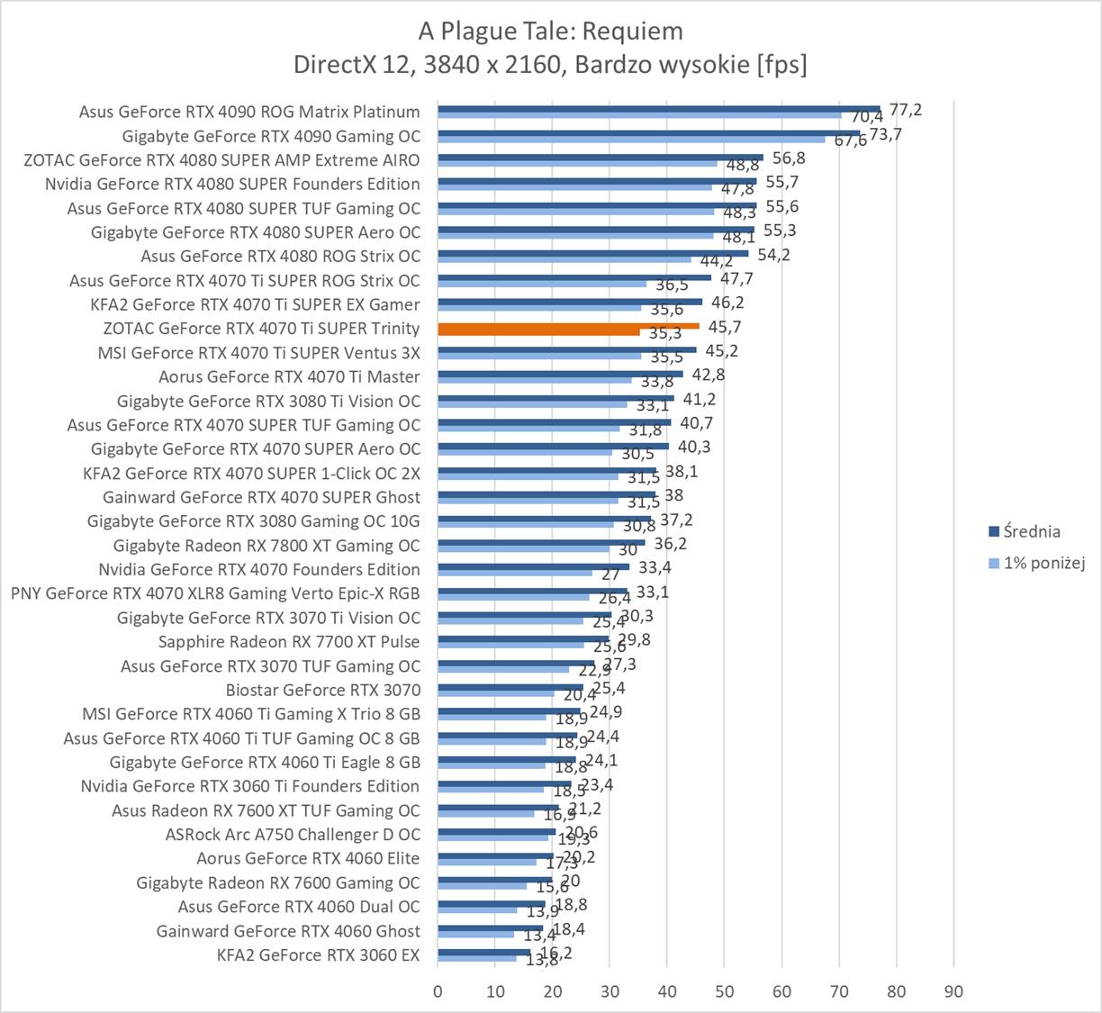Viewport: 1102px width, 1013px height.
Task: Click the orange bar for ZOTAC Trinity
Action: click(x=568, y=326)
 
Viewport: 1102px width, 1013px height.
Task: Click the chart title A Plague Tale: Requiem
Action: click(x=550, y=32)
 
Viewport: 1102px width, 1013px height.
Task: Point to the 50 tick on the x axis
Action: click(x=724, y=991)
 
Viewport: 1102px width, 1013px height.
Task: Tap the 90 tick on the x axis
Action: click(x=953, y=991)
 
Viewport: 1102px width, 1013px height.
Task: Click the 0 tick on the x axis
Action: click(x=438, y=991)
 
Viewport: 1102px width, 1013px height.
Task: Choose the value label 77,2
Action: click(x=905, y=110)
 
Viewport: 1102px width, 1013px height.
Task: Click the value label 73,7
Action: click(x=885, y=134)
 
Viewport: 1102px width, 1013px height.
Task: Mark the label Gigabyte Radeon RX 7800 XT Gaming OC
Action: click(x=266, y=546)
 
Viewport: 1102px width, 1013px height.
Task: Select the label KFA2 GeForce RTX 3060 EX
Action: click(x=319, y=955)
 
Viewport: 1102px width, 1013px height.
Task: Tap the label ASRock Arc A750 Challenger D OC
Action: click(x=293, y=835)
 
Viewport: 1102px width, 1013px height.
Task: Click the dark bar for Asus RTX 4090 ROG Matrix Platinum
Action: click(x=658, y=109)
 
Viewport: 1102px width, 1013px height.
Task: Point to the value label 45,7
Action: click(x=725, y=327)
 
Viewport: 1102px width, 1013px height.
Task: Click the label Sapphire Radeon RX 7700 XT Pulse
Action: click(x=289, y=642)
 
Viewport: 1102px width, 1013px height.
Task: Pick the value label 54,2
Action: click(x=773, y=255)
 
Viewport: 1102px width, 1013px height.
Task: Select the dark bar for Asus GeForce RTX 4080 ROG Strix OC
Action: click(x=592, y=253)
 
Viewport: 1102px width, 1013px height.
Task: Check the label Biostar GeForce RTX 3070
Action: click(x=323, y=691)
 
